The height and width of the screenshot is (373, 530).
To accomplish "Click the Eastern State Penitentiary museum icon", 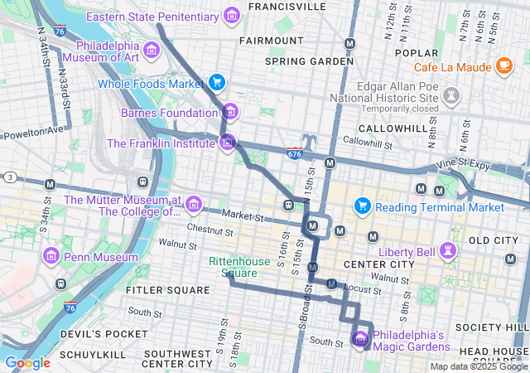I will (x=232, y=16).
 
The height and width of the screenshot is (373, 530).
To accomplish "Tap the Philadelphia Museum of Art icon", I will (x=152, y=52).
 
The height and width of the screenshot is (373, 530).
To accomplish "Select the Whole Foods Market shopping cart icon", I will (x=217, y=82).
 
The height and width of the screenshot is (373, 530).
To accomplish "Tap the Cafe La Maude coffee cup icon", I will (x=504, y=66).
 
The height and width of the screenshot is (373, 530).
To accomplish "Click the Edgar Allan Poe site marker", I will (x=451, y=97).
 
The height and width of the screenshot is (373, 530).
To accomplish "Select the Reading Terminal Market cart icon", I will (x=362, y=206).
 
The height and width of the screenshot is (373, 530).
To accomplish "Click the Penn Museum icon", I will (x=51, y=257).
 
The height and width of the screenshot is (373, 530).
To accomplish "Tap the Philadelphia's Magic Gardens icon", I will (x=360, y=339).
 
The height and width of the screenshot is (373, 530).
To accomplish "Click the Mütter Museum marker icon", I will (x=193, y=204).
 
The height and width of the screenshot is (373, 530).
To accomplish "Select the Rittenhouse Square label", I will (x=238, y=267).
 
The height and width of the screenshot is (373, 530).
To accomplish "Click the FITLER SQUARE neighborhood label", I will (x=168, y=290).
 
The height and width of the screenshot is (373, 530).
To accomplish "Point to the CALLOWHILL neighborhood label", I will (x=388, y=128).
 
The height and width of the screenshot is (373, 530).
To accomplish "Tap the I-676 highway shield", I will (x=295, y=154).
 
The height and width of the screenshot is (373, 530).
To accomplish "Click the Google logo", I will (x=27, y=363).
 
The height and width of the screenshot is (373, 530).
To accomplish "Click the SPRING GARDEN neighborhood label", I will (x=297, y=61).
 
